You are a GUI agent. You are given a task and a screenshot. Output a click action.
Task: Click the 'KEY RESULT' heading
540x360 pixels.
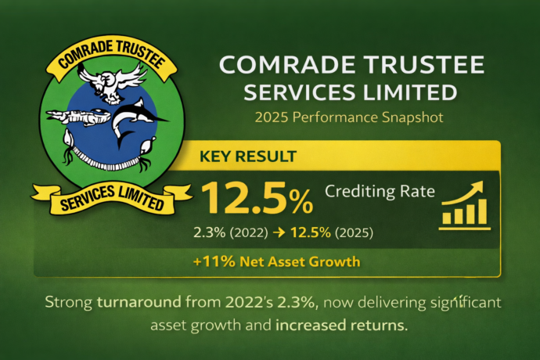[248, 156]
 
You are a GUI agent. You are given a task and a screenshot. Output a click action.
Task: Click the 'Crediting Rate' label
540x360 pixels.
[379, 191]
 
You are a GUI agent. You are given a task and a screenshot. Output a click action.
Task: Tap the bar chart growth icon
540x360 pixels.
[464, 204]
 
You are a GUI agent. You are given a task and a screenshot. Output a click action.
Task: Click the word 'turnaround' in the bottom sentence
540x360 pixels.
[137, 301]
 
